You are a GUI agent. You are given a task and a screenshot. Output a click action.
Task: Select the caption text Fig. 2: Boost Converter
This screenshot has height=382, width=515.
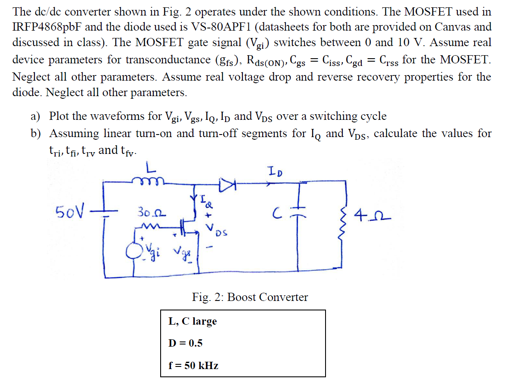pos(250,297)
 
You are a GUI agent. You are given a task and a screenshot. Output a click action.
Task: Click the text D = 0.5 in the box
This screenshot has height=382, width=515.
pos(185,343)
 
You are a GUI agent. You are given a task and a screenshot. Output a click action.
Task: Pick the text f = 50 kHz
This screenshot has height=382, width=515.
pos(193,366)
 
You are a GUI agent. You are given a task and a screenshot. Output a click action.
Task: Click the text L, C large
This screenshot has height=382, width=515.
pos(192,321)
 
